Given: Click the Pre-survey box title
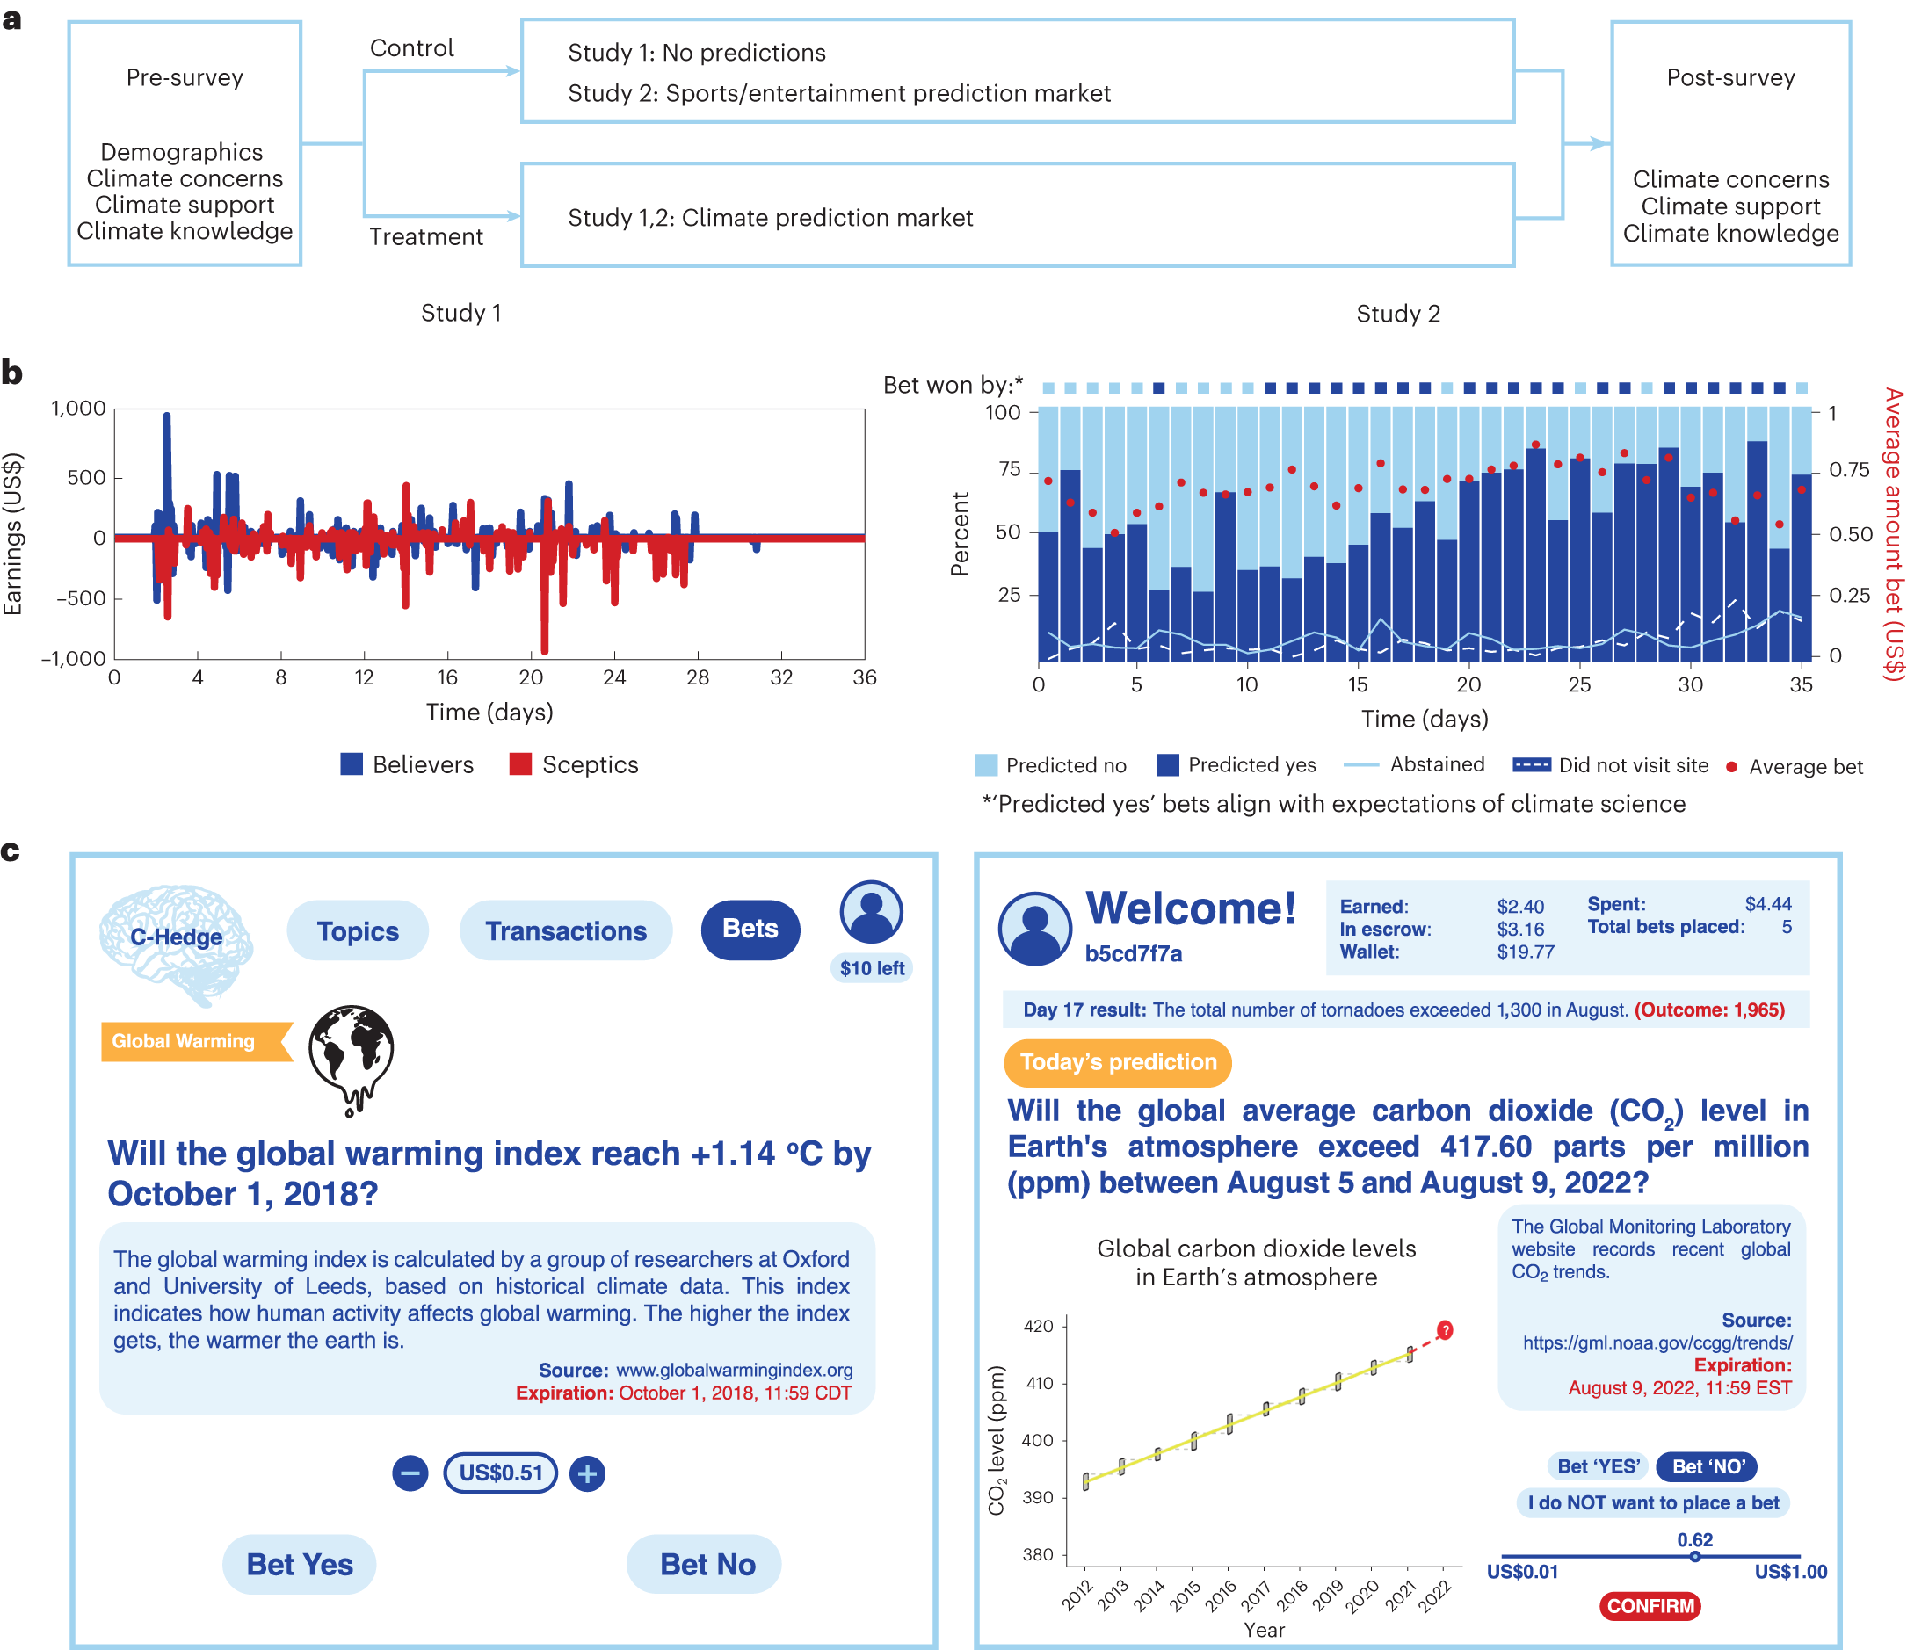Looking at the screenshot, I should click(185, 77).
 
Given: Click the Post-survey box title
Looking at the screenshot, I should click(1730, 77).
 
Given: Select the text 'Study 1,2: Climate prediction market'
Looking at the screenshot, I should click(770, 217).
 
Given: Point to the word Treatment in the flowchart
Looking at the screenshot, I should click(425, 236).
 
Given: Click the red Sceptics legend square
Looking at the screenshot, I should click(520, 764).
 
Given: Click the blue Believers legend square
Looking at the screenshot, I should click(351, 764).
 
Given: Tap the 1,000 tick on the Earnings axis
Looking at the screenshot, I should click(79, 408).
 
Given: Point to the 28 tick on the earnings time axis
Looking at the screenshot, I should click(697, 677).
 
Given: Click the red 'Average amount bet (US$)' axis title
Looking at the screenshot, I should click(1892, 534).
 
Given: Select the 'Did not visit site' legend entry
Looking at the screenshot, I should click(1611, 765).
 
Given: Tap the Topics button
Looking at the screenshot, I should click(358, 931).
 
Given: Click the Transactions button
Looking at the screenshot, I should click(565, 931).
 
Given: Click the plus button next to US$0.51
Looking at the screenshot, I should click(586, 1473).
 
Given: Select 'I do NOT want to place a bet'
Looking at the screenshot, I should click(1653, 1502).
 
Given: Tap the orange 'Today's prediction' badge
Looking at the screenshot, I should click(1117, 1062).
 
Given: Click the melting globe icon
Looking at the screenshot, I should click(351, 1059).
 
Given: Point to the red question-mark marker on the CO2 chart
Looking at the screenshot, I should click(1445, 1330).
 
